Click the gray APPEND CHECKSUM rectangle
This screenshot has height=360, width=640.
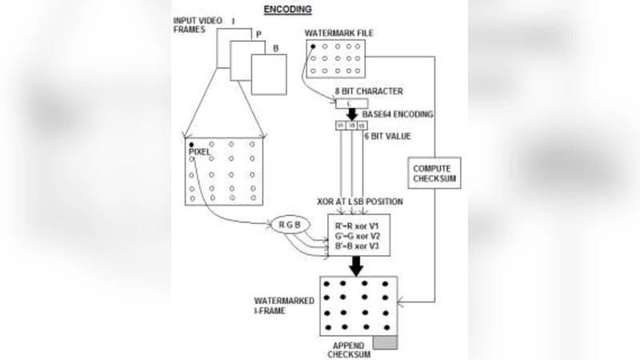coord(383,342)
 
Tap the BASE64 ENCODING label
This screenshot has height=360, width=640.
coord(398,115)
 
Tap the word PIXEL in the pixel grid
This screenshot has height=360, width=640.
coord(200,151)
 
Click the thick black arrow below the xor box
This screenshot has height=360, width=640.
coord(358,268)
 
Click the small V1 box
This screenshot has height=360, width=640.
coord(339,126)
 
